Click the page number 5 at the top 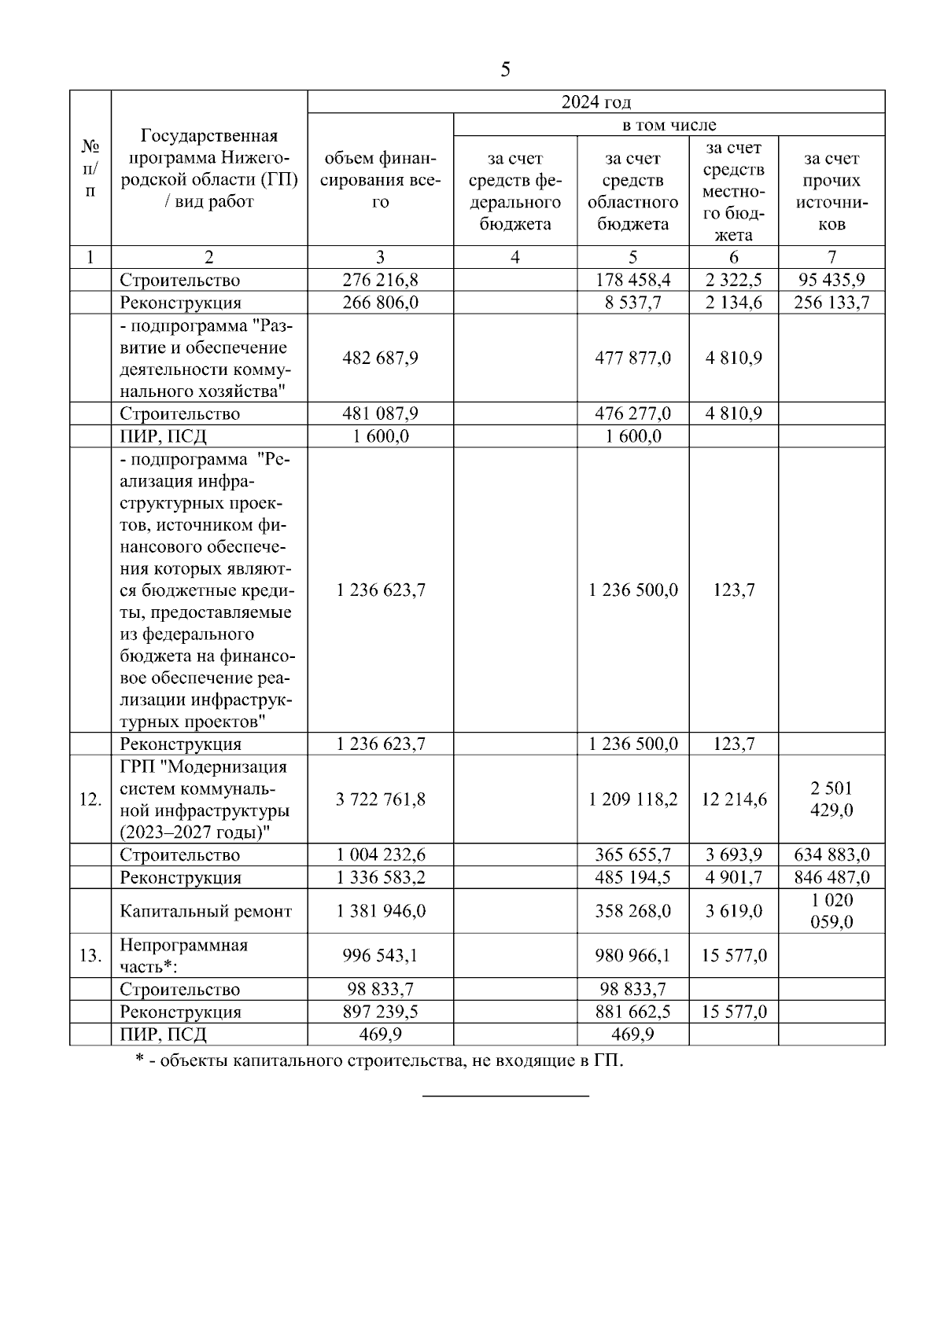click(505, 70)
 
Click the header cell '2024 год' click(596, 102)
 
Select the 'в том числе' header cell click(669, 125)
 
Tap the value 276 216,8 click(380, 280)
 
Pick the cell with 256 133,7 click(832, 303)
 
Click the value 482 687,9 click(380, 358)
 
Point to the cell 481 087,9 click(380, 413)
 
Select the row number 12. click(90, 799)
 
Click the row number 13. click(90, 955)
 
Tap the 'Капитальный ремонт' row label click(205, 911)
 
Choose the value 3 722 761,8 click(380, 799)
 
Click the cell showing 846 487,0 click(832, 877)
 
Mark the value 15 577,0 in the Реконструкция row click(733, 1012)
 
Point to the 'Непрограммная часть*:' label click(183, 955)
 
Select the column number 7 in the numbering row click(832, 257)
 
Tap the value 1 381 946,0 click(380, 911)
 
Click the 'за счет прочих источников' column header click(832, 191)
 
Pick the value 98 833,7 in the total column click(380, 989)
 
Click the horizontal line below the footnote click(506, 1095)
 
